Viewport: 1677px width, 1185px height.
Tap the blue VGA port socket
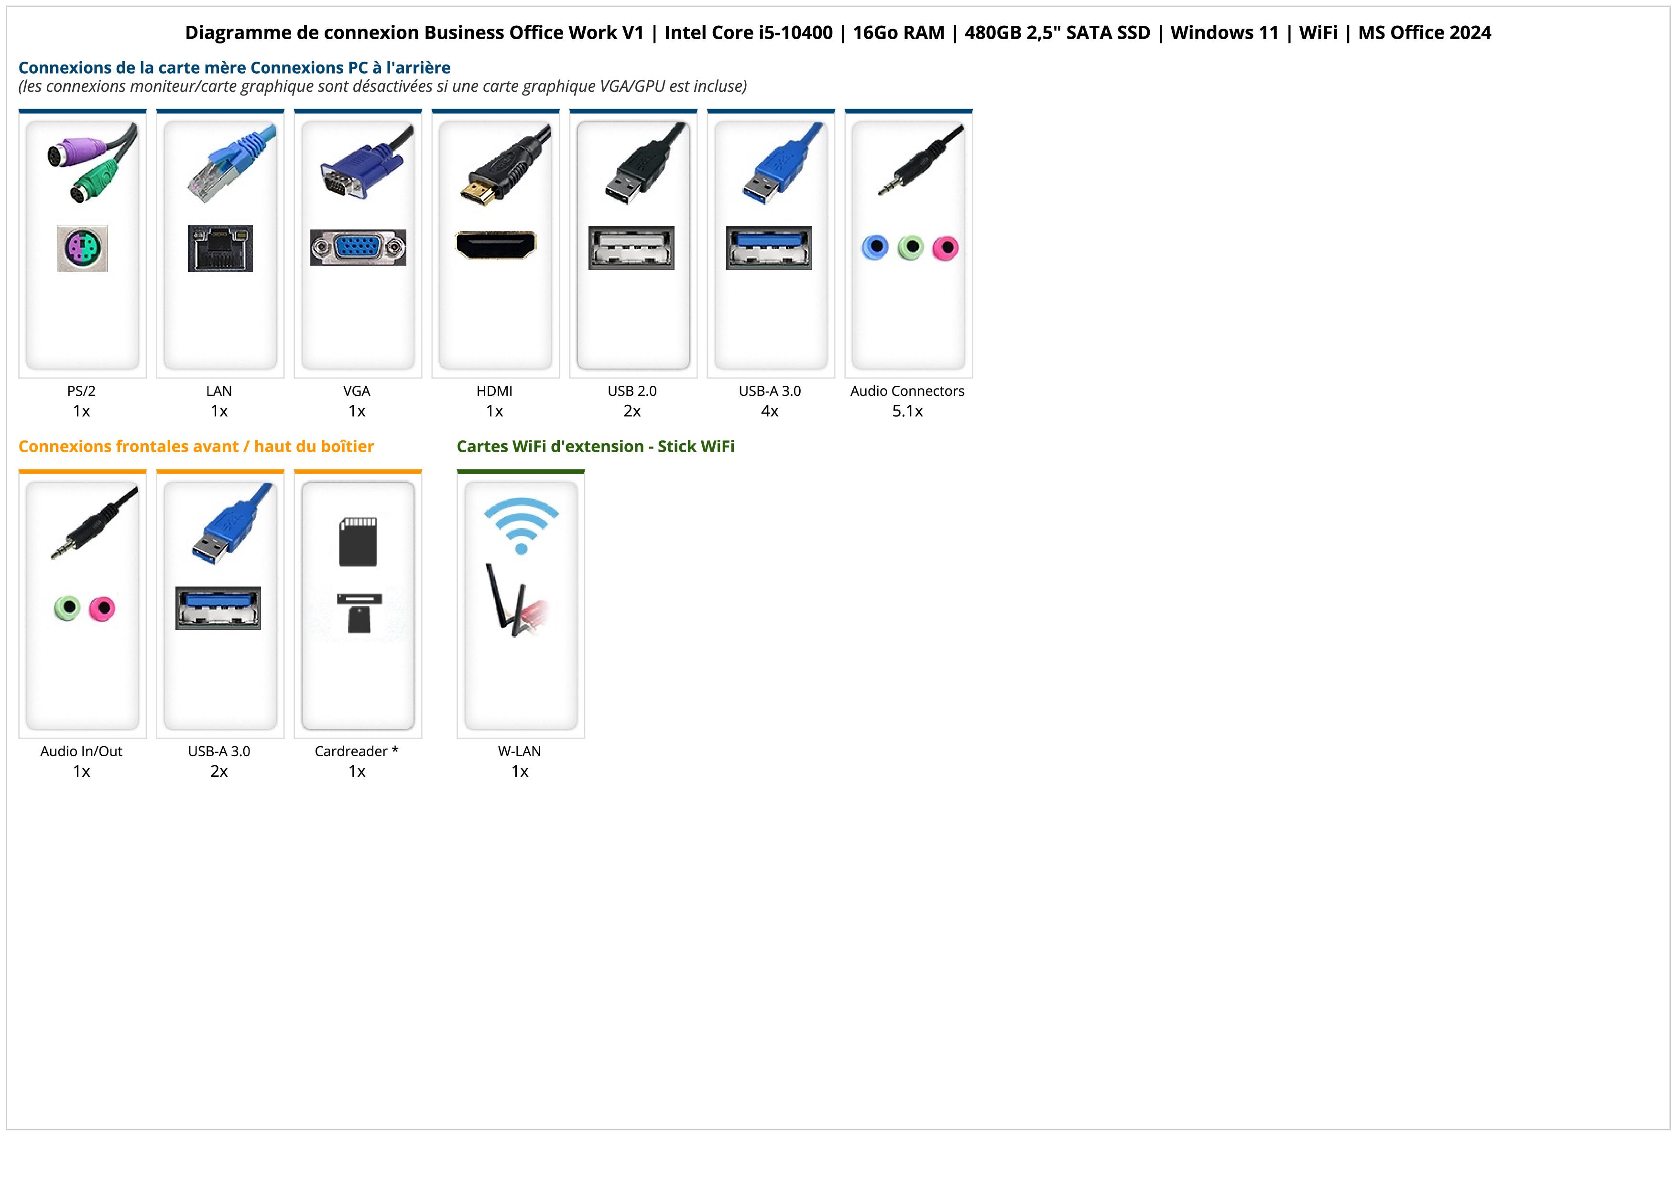click(358, 248)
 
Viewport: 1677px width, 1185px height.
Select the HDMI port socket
click(496, 245)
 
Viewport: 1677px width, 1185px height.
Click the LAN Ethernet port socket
click(220, 248)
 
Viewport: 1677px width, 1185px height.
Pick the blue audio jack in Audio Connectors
click(875, 248)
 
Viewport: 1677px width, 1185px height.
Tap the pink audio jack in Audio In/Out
click(102, 608)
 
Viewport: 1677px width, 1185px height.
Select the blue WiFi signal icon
click(521, 526)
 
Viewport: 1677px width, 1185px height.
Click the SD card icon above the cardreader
click(358, 542)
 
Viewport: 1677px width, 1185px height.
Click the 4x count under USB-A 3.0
click(770, 411)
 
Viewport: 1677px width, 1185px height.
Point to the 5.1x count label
click(907, 411)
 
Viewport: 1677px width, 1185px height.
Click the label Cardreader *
click(357, 751)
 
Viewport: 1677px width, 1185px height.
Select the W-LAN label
click(519, 751)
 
